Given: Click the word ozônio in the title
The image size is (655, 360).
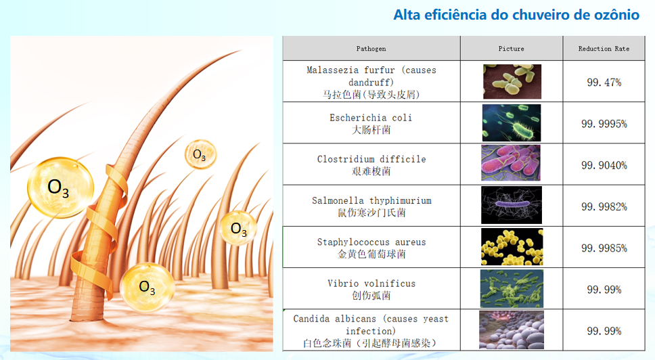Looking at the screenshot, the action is click(613, 15).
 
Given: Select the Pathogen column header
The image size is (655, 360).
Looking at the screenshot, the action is click(371, 49).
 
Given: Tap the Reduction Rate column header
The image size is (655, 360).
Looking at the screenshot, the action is click(604, 49).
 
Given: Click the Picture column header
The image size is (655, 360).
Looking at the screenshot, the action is click(511, 49).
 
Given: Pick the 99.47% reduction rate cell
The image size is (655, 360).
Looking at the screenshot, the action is click(604, 83).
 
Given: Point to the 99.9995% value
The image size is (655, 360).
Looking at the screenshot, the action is click(604, 124).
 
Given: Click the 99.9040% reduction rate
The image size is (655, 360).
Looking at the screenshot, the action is click(604, 165).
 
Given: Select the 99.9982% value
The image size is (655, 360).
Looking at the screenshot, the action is click(604, 206).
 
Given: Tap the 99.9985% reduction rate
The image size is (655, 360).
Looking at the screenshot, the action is click(604, 248).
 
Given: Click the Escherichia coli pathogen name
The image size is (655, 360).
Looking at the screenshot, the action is click(371, 118).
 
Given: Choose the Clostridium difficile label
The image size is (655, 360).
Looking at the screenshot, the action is click(371, 159).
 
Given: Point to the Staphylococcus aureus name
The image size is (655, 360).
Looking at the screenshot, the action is click(371, 242).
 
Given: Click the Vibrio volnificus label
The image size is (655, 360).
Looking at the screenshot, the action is click(371, 283).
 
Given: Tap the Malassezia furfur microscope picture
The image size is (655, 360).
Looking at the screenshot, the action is click(512, 81).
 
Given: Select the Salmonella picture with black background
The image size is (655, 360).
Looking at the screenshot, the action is click(512, 205).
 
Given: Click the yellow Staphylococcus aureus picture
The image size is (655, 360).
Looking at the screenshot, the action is click(512, 246).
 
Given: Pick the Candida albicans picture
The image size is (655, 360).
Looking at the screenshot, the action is click(512, 330).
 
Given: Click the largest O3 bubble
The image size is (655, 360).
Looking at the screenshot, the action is click(60, 187).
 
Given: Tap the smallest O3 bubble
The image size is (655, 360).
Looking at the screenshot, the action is click(200, 154).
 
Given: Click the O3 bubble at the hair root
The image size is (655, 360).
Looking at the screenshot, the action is click(147, 287).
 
